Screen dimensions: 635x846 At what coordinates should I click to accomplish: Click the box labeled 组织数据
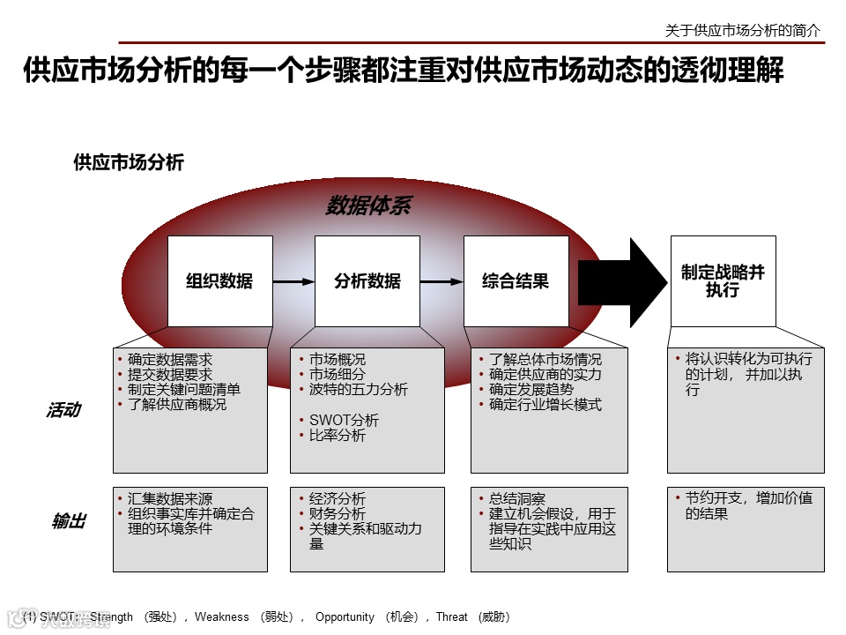[x=219, y=281]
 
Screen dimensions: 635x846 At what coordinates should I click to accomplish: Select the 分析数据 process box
[x=367, y=281]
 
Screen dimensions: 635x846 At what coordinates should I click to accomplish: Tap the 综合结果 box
[x=516, y=281]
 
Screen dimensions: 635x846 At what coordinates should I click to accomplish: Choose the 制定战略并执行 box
[x=723, y=281]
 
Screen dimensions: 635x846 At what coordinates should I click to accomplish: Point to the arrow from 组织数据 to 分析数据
[x=293, y=282]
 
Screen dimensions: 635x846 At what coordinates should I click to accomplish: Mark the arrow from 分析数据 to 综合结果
[x=442, y=282]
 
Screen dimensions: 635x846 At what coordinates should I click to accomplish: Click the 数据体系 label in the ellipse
[x=367, y=206]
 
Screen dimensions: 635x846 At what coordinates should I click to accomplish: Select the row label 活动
[x=63, y=410]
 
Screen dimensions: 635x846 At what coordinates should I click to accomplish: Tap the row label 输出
[x=69, y=521]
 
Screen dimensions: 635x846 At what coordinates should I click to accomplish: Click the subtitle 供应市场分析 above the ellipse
[x=129, y=162]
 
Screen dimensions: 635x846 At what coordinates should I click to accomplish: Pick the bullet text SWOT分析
[x=344, y=420]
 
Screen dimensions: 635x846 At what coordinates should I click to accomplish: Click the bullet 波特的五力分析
[x=358, y=390]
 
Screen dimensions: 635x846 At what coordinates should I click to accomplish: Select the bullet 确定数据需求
[x=170, y=360]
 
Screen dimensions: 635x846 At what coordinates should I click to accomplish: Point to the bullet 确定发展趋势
[x=531, y=390]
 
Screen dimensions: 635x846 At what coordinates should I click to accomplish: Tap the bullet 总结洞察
[x=517, y=499]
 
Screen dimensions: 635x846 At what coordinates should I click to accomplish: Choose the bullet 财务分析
[x=337, y=514]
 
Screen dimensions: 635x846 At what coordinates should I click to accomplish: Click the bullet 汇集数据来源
[x=170, y=499]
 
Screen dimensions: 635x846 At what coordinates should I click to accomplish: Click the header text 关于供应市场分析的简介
[x=742, y=30]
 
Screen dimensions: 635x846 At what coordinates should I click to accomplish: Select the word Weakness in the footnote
[x=222, y=616]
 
